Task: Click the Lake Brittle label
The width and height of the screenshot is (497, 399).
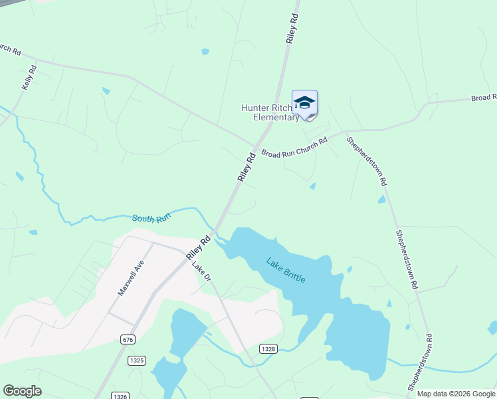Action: [286, 270]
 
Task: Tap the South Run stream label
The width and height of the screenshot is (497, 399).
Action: [151, 218]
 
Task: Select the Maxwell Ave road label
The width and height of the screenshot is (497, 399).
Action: [131, 278]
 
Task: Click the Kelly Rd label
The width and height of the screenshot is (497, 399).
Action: [28, 78]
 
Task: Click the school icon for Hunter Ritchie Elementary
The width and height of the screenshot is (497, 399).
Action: [304, 103]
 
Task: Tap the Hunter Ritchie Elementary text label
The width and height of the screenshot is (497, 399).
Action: [269, 113]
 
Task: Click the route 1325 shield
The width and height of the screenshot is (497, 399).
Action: [138, 360]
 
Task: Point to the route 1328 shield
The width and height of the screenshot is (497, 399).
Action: [268, 348]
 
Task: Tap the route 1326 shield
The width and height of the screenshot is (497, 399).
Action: [120, 396]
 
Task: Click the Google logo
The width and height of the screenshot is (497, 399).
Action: [22, 391]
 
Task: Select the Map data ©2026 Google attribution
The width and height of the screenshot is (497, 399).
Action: [456, 394]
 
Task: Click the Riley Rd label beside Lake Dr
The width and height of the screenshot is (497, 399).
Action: [198, 247]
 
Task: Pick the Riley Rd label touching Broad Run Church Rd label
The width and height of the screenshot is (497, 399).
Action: [247, 168]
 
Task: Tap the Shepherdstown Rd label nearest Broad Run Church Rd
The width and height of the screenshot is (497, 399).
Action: [367, 161]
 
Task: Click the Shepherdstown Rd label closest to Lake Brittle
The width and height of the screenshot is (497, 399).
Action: [405, 259]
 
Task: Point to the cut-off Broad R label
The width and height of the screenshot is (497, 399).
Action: [483, 98]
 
